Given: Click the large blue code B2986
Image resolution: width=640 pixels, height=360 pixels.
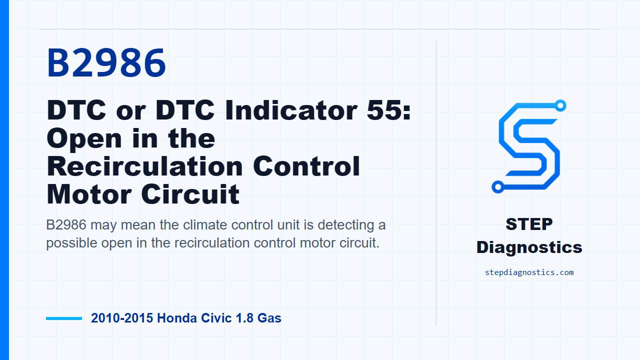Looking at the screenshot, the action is (x=106, y=63).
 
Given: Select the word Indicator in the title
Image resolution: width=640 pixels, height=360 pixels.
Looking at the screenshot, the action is (x=291, y=110).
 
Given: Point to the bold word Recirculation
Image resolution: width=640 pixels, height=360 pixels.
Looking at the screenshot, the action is (x=145, y=166).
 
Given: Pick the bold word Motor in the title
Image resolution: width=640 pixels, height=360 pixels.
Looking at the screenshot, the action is (x=89, y=194).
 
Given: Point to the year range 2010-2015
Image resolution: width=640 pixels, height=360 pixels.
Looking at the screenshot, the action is (x=122, y=318).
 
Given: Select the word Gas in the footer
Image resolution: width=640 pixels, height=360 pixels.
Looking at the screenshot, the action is (x=269, y=318).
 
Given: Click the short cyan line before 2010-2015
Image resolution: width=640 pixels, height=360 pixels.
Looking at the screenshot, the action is (x=64, y=318).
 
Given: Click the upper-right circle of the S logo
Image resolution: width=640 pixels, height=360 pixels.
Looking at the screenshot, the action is (x=560, y=105).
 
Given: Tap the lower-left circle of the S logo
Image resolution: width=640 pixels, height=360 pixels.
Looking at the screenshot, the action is (x=497, y=187).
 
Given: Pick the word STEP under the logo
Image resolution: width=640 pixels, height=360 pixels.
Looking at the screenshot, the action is (x=529, y=224).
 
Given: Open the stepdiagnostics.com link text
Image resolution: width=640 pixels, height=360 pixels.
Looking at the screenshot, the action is (x=529, y=272).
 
